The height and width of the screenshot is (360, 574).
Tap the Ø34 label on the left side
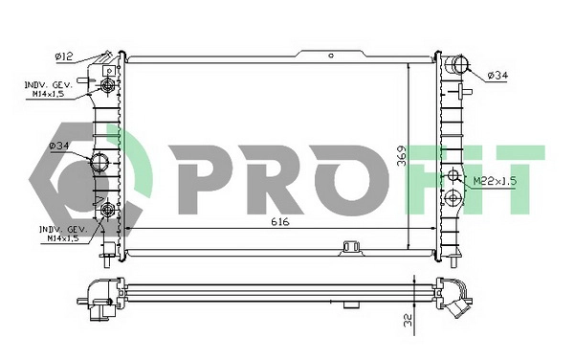tap(59, 146)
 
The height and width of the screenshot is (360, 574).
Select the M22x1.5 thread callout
tap(494, 180)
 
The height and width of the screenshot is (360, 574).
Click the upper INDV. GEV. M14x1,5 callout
tap(49, 90)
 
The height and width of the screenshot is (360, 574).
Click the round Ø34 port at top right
tap(457, 66)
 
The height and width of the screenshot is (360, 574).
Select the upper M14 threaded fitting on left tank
tap(107, 88)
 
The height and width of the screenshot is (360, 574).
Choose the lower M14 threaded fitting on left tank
tap(107, 210)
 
